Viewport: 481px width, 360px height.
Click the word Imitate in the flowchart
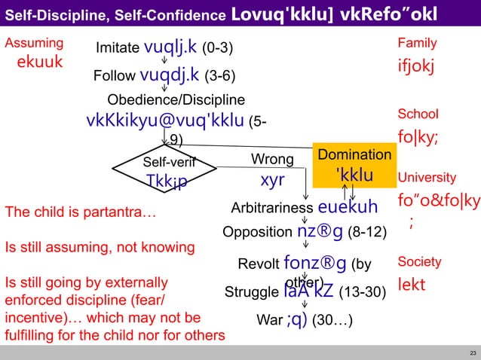(x=118, y=48)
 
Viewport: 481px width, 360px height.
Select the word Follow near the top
(x=115, y=76)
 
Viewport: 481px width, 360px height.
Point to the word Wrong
(x=272, y=160)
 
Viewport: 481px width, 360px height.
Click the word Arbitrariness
(x=271, y=208)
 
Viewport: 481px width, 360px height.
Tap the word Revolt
(x=258, y=264)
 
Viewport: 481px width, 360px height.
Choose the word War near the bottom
(x=269, y=319)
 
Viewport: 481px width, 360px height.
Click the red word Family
(x=417, y=44)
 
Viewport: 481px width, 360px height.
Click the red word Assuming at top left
(x=34, y=44)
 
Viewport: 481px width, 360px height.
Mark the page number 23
(x=472, y=352)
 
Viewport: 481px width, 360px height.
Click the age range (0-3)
(x=217, y=48)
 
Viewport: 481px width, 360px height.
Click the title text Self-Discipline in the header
(x=55, y=14)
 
